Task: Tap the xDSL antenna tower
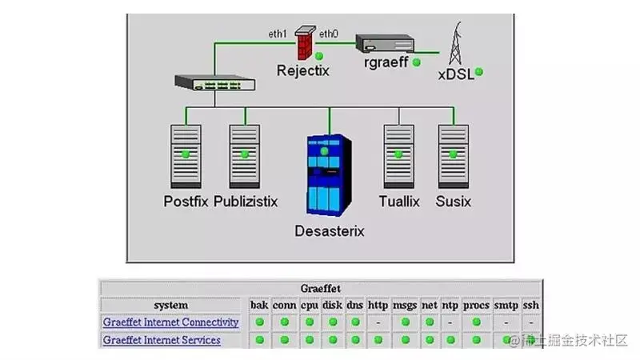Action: pos(457,43)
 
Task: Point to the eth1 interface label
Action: pos(278,34)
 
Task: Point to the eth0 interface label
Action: pos(329,34)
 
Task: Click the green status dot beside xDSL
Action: pos(478,72)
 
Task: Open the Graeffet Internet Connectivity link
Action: pos(170,322)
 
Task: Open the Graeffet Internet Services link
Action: pos(162,340)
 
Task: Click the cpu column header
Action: pos(310,305)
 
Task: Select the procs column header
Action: pos(476,305)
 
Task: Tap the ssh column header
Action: pos(531,305)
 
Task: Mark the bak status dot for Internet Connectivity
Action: pos(259,322)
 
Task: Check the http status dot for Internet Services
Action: pos(378,340)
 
